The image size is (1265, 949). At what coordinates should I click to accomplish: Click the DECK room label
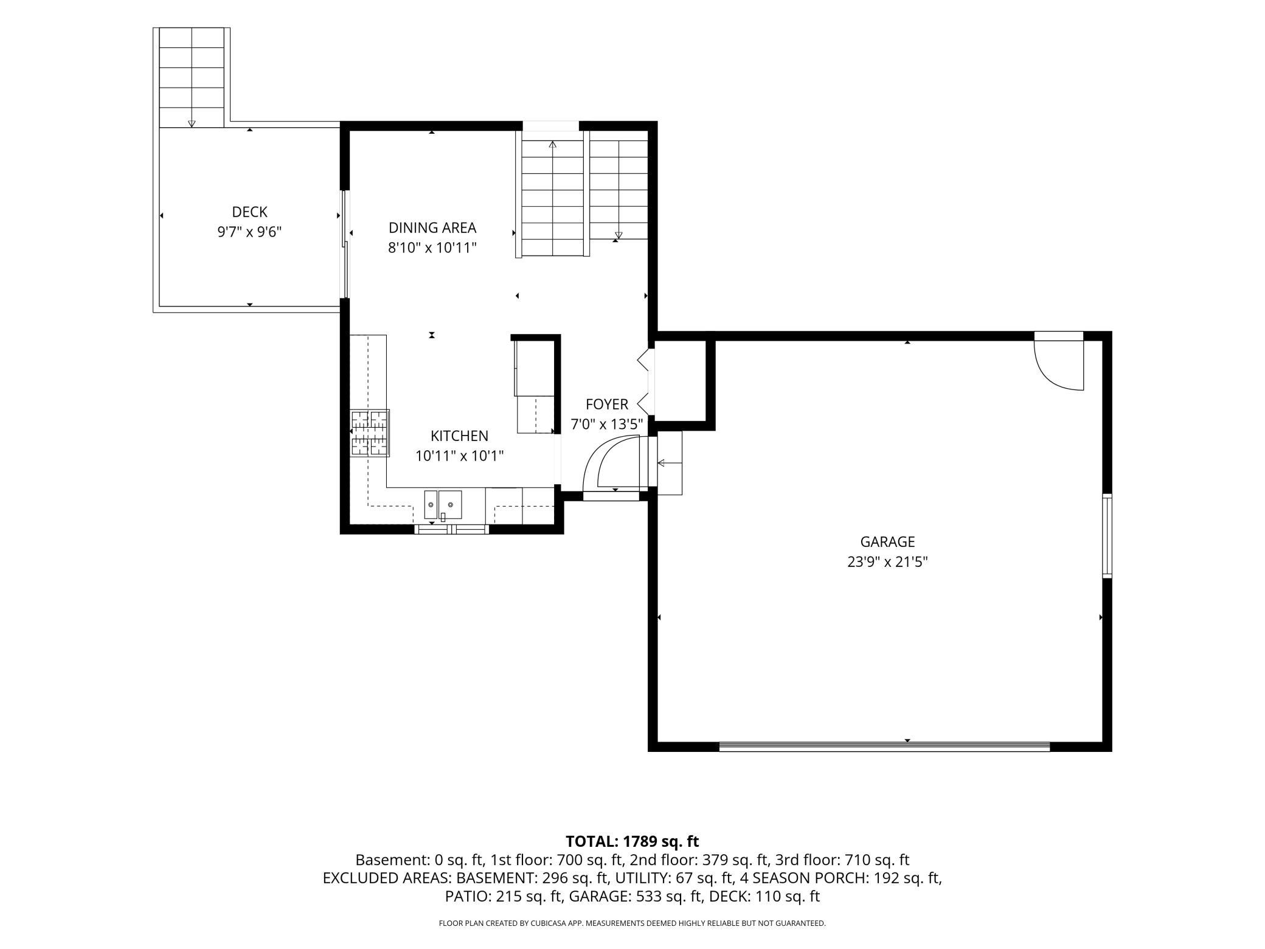pyautogui.click(x=249, y=212)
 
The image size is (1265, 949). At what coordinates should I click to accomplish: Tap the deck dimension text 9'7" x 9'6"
pyautogui.click(x=249, y=232)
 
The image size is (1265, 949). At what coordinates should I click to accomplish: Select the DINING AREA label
pyautogui.click(x=432, y=228)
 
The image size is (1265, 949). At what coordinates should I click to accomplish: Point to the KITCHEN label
pyautogui.click(x=459, y=436)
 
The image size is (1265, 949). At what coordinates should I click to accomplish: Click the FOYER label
pyautogui.click(x=607, y=405)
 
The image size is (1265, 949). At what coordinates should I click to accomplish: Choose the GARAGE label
pyautogui.click(x=887, y=541)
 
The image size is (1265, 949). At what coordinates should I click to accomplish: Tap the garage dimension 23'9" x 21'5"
pyautogui.click(x=887, y=561)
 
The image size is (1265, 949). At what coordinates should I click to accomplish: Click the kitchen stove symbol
pyautogui.click(x=369, y=433)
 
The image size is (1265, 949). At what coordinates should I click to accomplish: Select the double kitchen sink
pyautogui.click(x=443, y=504)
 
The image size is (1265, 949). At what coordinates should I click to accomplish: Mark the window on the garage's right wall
pyautogui.click(x=1107, y=536)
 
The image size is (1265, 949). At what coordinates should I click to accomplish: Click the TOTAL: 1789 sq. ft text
pyautogui.click(x=632, y=841)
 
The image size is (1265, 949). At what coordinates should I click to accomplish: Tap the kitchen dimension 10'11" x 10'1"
pyautogui.click(x=459, y=456)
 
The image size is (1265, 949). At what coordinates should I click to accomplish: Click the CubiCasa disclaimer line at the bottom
pyautogui.click(x=632, y=923)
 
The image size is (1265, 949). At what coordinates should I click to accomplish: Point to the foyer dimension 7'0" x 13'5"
pyautogui.click(x=607, y=425)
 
